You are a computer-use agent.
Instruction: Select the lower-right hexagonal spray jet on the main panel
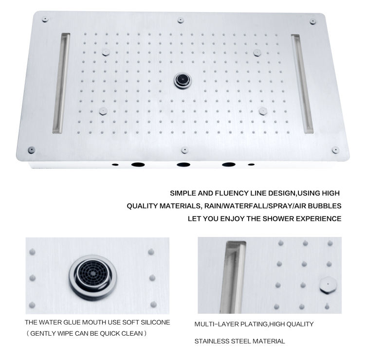[263, 110]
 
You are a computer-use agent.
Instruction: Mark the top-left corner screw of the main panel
[45, 19]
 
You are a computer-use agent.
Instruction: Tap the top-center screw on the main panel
[181, 20]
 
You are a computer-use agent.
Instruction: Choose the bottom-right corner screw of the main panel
[335, 149]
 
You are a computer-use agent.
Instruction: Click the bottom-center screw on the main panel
[184, 150]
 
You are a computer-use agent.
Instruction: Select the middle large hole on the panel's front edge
[183, 164]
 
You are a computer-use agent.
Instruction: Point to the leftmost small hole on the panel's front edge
[115, 164]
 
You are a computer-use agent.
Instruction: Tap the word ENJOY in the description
[236, 218]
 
